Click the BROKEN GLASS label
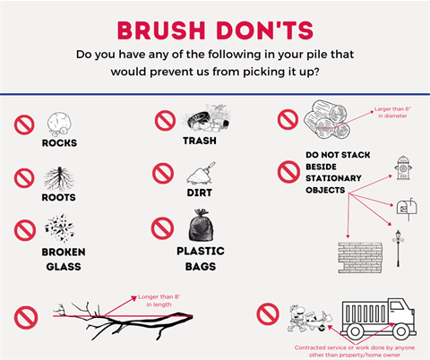point(64,259)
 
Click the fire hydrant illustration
point(402,167)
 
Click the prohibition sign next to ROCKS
point(24,125)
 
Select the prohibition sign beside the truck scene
point(267,314)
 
